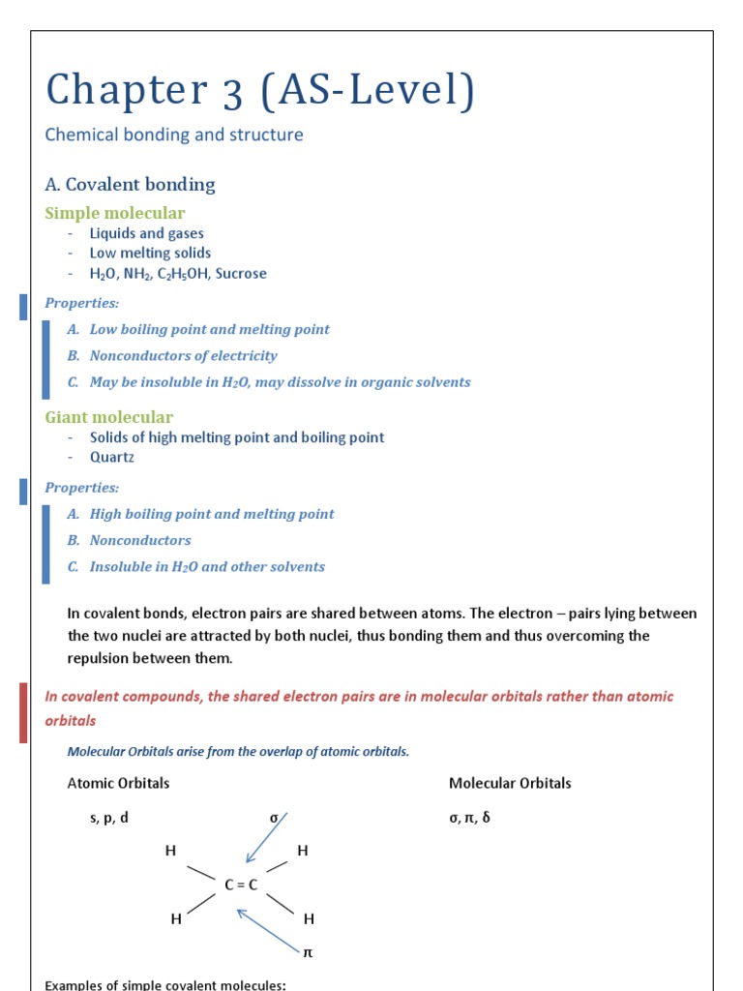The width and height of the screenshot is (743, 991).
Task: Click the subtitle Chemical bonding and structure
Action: (x=174, y=135)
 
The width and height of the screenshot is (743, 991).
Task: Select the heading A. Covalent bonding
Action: (x=131, y=184)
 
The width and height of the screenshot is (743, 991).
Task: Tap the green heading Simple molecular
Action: (x=115, y=213)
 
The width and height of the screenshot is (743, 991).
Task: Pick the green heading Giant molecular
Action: (x=109, y=417)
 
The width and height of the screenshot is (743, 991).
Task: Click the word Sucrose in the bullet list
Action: (x=241, y=274)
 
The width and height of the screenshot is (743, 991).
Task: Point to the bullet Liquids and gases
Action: (x=146, y=233)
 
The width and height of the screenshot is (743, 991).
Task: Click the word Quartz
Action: (x=112, y=457)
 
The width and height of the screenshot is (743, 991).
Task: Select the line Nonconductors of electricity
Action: (x=183, y=356)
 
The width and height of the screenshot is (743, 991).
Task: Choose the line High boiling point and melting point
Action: (x=211, y=514)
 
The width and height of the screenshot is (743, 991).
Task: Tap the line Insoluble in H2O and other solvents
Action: (x=207, y=567)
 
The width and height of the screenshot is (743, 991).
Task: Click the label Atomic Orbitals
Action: (x=118, y=783)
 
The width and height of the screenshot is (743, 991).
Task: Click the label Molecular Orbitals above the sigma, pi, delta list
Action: (x=510, y=783)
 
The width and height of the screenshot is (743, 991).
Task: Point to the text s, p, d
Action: (x=109, y=818)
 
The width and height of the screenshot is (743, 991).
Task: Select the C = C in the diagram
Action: (x=241, y=885)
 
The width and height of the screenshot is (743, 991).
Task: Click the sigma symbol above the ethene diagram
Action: (x=274, y=818)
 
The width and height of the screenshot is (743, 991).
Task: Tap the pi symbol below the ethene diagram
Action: (x=308, y=952)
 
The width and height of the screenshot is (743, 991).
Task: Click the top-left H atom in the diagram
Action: (x=170, y=851)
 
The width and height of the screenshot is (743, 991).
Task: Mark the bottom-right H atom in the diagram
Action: (x=309, y=918)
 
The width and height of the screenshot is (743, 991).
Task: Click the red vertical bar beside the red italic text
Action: (x=23, y=712)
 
